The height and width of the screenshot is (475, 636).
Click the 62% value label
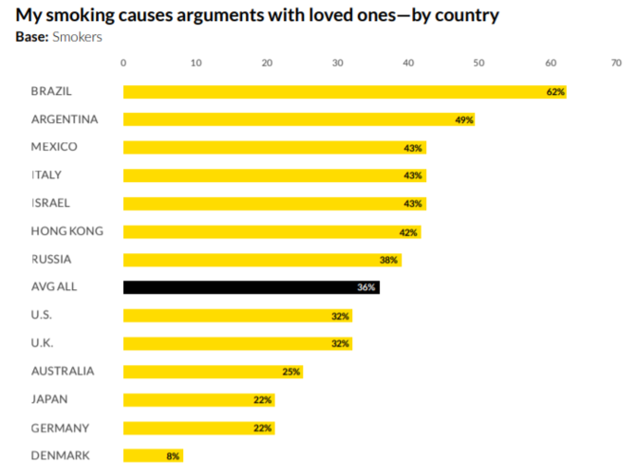click(x=555, y=92)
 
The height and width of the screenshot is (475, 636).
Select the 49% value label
click(x=463, y=119)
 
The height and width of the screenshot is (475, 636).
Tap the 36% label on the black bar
click(x=367, y=287)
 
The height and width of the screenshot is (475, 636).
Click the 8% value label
click(x=173, y=456)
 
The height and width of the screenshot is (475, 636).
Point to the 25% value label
click(x=291, y=372)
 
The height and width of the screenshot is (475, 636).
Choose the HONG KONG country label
click(x=67, y=231)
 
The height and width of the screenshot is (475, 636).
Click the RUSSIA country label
click(x=51, y=259)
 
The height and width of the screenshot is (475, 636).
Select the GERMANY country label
click(x=60, y=428)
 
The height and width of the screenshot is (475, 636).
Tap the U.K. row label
click(x=44, y=343)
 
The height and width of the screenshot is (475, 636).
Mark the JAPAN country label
click(x=49, y=399)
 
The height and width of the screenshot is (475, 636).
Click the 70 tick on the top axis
click(x=616, y=63)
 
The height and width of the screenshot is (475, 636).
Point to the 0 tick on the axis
click(x=123, y=63)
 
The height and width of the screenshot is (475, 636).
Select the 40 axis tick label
click(x=408, y=63)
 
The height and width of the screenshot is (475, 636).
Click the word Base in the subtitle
click(x=31, y=37)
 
